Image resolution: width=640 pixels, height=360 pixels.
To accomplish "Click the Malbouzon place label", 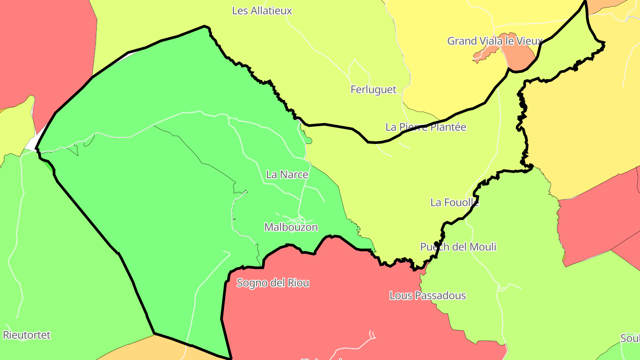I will (291, 227).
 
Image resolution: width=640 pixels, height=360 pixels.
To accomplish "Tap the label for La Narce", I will (287, 175).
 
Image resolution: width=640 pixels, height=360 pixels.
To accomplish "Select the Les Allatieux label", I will (262, 11).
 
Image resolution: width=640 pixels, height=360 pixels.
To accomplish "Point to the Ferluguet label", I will (373, 89).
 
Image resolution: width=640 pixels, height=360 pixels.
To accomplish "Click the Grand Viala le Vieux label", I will (494, 41).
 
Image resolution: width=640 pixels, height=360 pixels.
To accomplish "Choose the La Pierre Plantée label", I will (426, 127).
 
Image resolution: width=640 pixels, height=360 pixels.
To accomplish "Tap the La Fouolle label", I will (454, 202).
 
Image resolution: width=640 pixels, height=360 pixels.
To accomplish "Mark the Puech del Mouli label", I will (458, 247).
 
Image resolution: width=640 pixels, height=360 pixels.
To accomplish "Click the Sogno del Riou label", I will (273, 283).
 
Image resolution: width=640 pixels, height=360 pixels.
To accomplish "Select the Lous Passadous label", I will (428, 296).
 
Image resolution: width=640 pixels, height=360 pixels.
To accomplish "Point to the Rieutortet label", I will (27, 335).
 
